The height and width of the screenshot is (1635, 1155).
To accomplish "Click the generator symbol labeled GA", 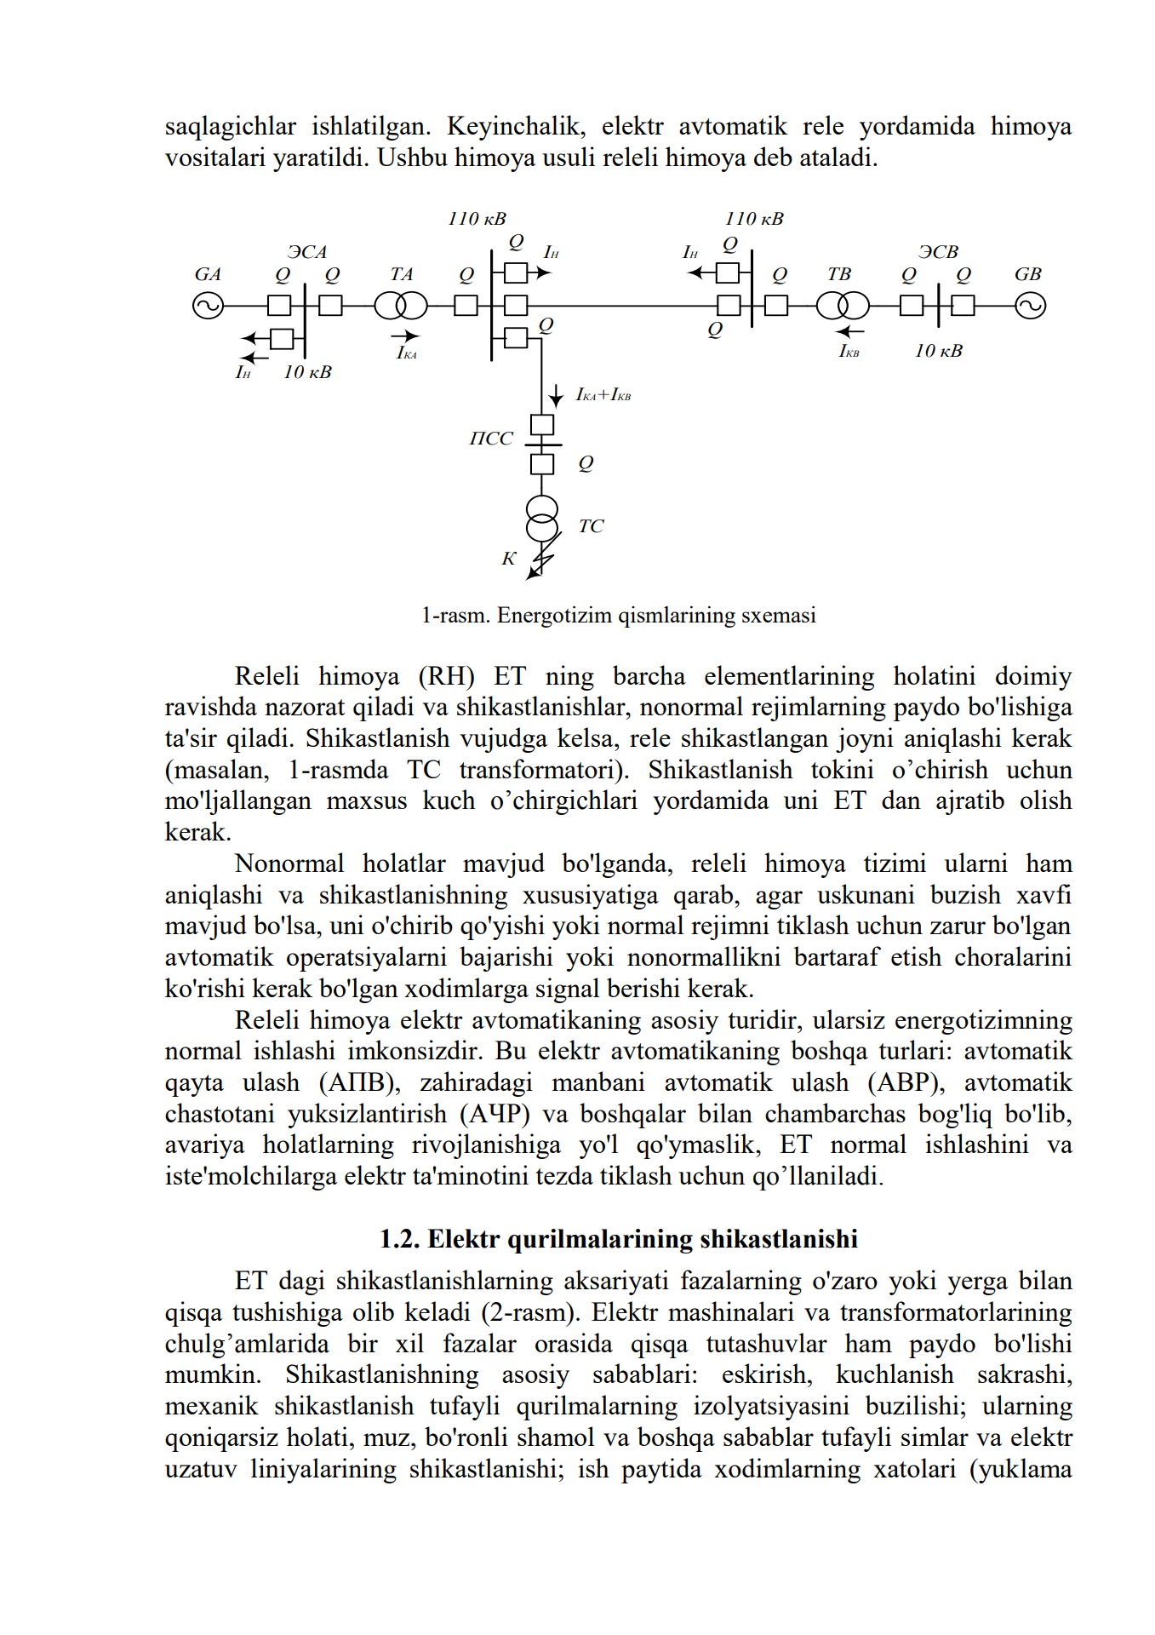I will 207,306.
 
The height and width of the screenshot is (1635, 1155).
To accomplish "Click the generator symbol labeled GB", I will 1030,306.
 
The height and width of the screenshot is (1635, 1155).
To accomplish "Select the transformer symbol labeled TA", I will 401,305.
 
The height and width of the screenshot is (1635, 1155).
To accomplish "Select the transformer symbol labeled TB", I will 843,305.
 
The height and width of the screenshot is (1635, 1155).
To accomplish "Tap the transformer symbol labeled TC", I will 542,519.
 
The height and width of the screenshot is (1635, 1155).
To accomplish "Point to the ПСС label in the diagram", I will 491,439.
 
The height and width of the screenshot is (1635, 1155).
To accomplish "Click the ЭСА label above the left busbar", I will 307,252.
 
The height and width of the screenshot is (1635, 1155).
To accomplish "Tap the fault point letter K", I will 508,559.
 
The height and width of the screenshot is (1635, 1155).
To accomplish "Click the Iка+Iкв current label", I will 603,395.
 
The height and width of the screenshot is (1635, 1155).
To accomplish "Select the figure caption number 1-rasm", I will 455,616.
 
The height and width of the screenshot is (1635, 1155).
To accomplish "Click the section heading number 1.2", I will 399,1239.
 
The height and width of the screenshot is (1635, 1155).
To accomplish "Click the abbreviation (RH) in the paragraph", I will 445,677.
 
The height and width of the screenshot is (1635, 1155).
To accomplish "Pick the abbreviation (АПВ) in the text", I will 358,1083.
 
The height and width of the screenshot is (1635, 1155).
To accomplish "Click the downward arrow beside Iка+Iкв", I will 556,396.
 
